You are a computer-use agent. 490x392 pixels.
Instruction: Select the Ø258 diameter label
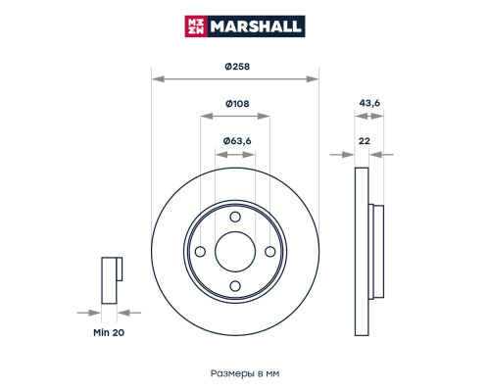(235, 66)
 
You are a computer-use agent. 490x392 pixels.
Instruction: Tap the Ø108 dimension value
(235, 103)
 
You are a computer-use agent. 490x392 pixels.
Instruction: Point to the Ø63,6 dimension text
(236, 141)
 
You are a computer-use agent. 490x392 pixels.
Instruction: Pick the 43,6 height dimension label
(369, 103)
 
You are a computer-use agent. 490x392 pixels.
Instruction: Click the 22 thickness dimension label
(365, 141)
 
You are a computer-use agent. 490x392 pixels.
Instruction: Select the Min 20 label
(110, 334)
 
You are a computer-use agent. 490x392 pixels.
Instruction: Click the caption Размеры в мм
(245, 372)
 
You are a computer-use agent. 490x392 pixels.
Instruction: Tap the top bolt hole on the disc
(235, 218)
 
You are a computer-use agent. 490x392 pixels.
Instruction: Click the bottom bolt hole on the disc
(235, 285)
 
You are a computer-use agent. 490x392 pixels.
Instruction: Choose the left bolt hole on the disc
(202, 251)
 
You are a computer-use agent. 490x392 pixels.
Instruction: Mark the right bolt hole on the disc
(269, 251)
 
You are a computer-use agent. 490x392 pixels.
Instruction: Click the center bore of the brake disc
(235, 252)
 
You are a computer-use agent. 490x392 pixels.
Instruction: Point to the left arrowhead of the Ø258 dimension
(155, 78)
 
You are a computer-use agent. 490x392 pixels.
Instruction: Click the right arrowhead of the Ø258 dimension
(316, 78)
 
